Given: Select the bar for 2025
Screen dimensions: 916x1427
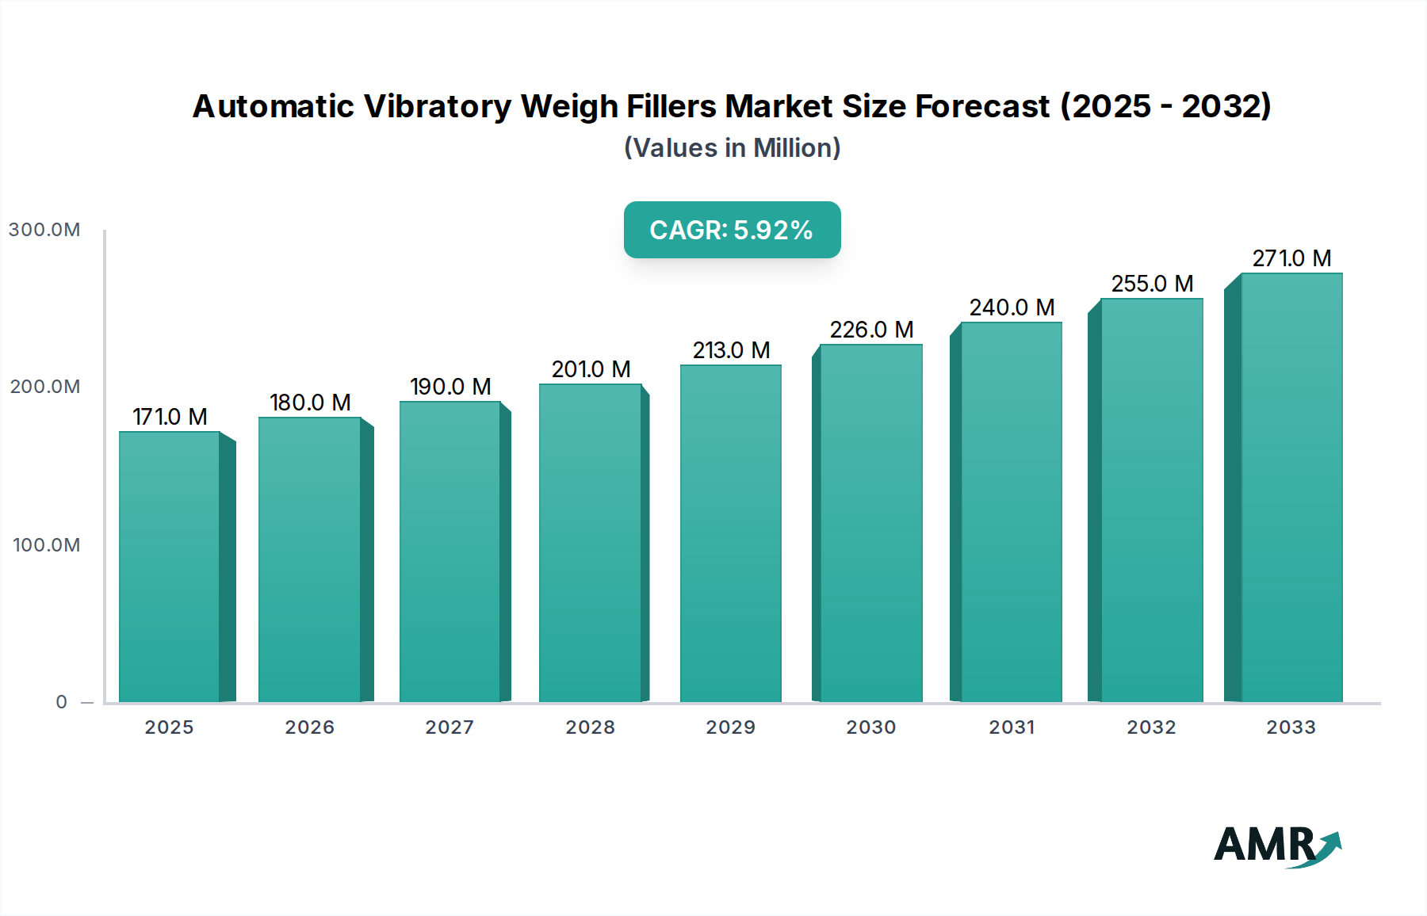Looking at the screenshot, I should click(x=170, y=567).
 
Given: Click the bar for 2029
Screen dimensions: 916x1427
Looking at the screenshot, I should click(x=730, y=533).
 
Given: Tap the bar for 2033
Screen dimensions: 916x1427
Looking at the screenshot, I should click(x=1291, y=487).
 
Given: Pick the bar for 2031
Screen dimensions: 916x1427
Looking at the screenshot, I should click(x=1012, y=512).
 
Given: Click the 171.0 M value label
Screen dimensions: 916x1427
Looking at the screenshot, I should click(x=170, y=417).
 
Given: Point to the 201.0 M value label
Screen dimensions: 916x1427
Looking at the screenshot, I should click(x=591, y=369).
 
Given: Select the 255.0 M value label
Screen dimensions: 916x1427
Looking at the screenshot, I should click(x=1152, y=284).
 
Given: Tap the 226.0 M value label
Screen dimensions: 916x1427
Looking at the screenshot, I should click(x=871, y=330).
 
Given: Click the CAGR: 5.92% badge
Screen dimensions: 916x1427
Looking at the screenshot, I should click(x=732, y=230).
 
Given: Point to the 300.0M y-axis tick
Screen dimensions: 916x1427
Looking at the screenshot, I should click(x=44, y=230).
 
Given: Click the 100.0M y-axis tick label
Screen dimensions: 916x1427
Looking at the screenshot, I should click(x=46, y=545).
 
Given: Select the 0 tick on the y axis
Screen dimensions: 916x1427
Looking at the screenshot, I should click(x=62, y=702).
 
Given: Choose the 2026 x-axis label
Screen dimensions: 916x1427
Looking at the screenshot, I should click(x=310, y=727).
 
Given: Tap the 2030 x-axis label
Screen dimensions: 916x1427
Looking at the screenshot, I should click(x=871, y=727).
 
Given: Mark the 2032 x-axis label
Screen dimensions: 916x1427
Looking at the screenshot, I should click(x=1152, y=727).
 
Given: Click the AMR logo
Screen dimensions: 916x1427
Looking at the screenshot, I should click(x=1276, y=845).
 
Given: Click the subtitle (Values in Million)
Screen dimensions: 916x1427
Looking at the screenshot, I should click(x=732, y=148).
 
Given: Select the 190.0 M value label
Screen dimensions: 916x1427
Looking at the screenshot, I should click(x=450, y=387).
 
